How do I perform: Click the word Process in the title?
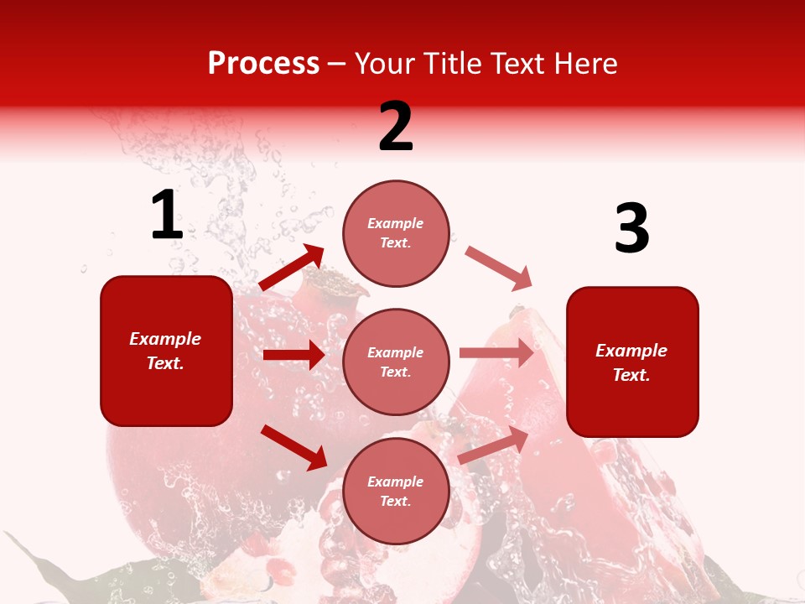coord(263,64)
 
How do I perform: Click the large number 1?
coord(167,216)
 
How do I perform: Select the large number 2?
coord(396,127)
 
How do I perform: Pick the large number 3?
coord(631,230)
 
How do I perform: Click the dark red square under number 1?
coord(166,351)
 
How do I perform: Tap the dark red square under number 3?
coord(632,362)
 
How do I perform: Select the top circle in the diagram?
coord(396,233)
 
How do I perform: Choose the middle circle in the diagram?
coord(396,362)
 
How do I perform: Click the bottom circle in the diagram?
coord(396,491)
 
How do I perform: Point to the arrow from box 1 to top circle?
coord(292,268)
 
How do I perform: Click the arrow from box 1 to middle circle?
coord(293,355)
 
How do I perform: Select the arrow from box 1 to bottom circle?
coord(293,447)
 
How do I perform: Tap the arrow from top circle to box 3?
coord(498,268)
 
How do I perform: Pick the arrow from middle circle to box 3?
coord(496,353)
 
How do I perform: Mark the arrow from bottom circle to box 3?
coord(493,445)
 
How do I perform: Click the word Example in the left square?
coord(165,339)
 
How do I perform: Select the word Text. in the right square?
coord(631,375)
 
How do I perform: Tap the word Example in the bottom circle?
coord(396,482)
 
